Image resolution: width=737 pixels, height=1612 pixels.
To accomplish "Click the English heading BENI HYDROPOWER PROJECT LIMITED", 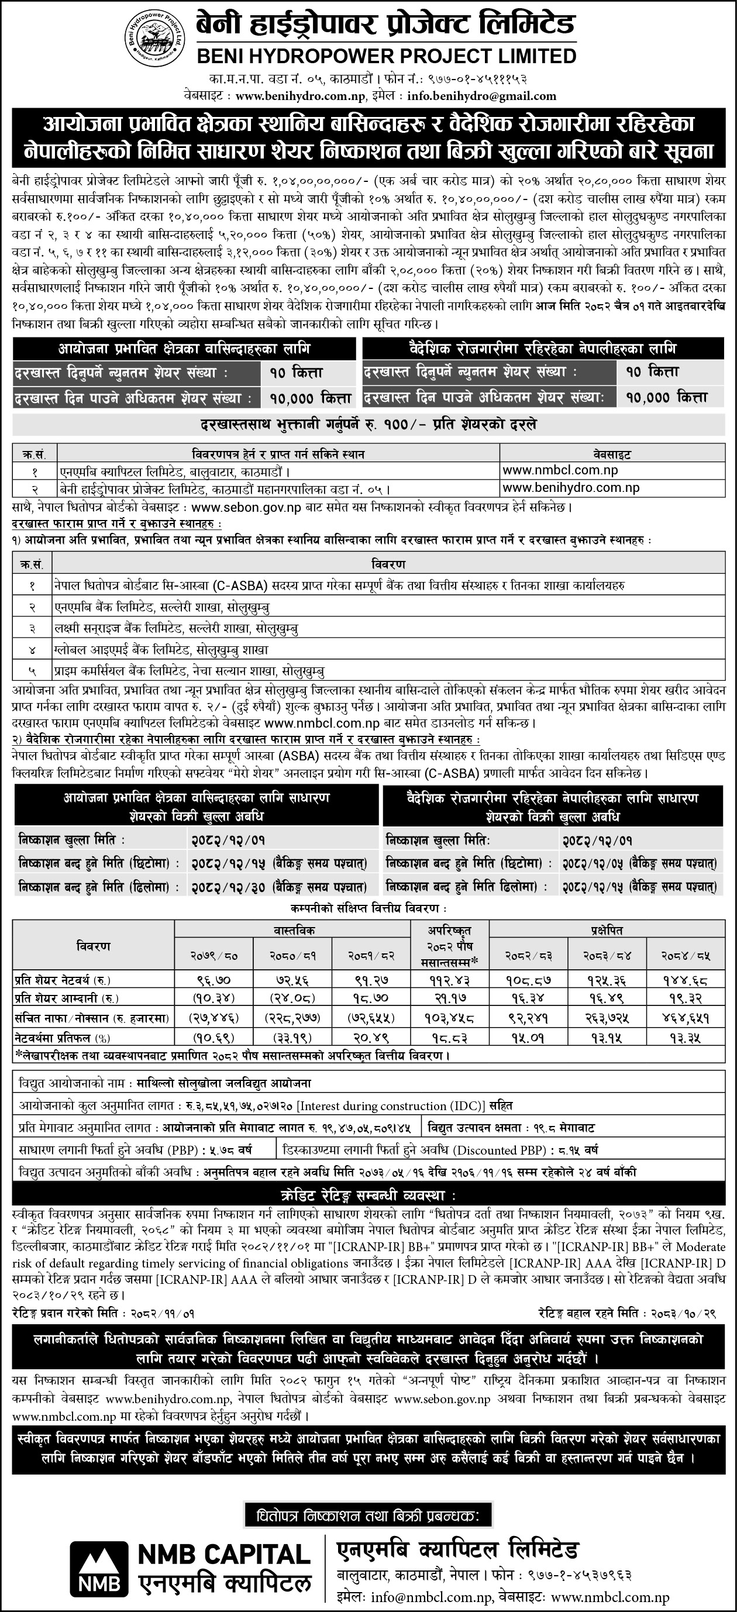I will [x=387, y=56].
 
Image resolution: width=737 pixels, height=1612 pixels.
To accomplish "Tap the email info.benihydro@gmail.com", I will [x=481, y=97].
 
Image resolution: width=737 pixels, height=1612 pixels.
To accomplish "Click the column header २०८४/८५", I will [x=686, y=957].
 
